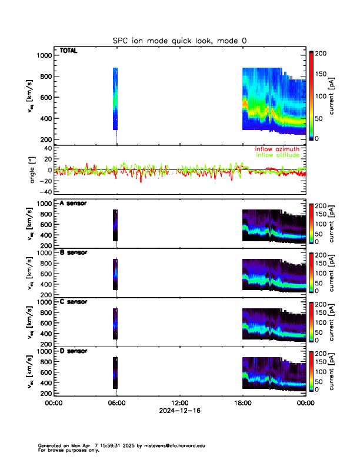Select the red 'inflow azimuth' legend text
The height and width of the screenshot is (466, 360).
tap(276, 149)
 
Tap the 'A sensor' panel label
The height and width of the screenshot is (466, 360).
tap(73, 204)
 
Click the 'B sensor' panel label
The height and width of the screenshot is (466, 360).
tap(73, 252)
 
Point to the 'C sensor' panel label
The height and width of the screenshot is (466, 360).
tap(73, 301)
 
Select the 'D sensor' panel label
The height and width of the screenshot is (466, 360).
tap(73, 351)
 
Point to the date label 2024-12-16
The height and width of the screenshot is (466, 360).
tap(179, 411)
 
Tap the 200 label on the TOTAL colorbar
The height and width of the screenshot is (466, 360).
tap(321, 54)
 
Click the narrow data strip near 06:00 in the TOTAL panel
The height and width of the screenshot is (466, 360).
tap(116, 100)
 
